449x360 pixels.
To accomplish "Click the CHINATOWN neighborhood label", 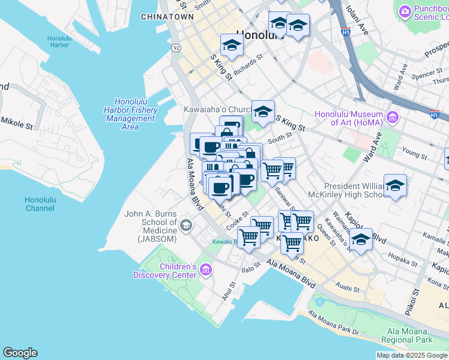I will pyautogui.click(x=167, y=17).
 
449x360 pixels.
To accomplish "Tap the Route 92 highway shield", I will pyautogui.click(x=176, y=47).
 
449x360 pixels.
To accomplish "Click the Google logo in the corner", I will pyautogui.click(x=20, y=353).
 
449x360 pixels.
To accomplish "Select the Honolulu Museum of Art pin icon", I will pyautogui.click(x=393, y=116).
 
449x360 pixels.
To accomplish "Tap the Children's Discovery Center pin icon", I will pyautogui.click(x=206, y=271).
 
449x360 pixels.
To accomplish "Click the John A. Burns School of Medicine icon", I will pyautogui.click(x=186, y=225).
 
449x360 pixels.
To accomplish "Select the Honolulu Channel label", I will pyautogui.click(x=40, y=204).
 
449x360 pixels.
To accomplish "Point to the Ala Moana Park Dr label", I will pyautogui.click(x=333, y=323).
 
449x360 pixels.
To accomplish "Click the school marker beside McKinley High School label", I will pyautogui.click(x=395, y=187).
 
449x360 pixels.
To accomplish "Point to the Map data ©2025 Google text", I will pyautogui.click(x=411, y=355).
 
